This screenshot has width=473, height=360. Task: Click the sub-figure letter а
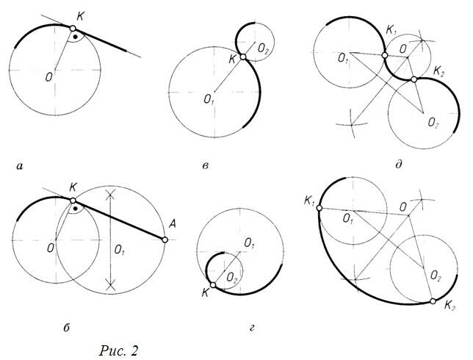tap(20, 166)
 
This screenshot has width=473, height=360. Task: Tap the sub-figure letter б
tap(67, 328)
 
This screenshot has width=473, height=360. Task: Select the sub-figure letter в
tap(206, 166)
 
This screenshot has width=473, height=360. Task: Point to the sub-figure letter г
tap(252, 328)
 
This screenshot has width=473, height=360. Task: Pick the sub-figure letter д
tap(399, 165)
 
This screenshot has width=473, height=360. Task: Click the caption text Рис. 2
tap(118, 350)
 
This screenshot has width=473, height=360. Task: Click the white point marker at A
tap(165, 240)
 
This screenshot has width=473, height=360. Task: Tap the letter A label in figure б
tap(173, 224)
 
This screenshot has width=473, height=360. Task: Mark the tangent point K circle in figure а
tap(73, 29)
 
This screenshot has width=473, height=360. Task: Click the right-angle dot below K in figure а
tap(76, 37)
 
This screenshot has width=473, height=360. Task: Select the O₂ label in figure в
tap(263, 49)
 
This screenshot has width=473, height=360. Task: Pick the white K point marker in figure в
tap(243, 57)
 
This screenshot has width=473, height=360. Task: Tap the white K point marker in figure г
tap(213, 285)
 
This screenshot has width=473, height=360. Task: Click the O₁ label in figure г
tap(249, 243)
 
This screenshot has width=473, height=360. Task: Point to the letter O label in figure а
tap(49, 77)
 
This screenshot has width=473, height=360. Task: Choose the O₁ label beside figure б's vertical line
tap(120, 250)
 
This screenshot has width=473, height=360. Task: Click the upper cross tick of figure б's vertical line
tap(111, 194)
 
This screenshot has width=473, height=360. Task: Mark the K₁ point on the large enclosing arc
tap(319, 208)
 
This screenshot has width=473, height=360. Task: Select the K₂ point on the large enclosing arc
tap(433, 301)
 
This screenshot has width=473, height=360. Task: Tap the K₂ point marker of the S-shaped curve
tap(414, 79)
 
